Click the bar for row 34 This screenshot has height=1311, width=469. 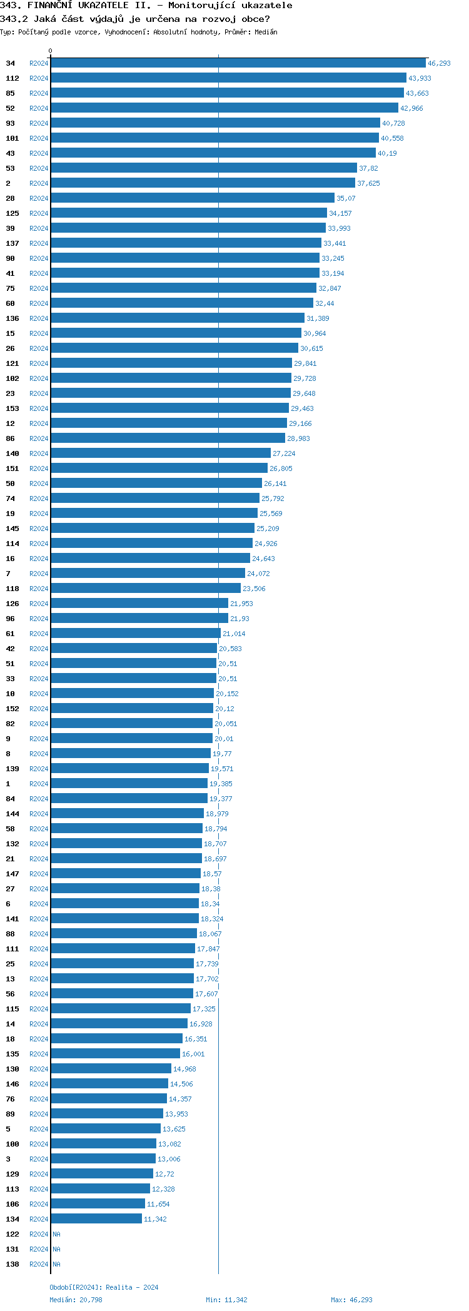pos(238,63)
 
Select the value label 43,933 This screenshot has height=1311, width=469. pos(420,78)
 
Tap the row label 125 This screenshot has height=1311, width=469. pos(13,213)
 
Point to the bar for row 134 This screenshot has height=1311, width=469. pos(96,1219)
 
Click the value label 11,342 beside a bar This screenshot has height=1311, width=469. pos(155,1219)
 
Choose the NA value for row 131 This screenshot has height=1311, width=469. pos(56,1249)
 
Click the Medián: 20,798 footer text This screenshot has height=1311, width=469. pos(76,1300)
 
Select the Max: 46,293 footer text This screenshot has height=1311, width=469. pos(351,1300)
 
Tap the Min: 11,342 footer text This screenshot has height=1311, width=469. pos(226,1300)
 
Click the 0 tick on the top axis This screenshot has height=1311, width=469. pos(51,51)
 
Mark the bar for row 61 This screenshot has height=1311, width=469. pos(135,634)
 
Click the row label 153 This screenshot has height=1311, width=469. pos(13,408)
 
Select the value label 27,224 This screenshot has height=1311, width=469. pos(284,453)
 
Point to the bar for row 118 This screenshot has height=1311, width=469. pos(145,589)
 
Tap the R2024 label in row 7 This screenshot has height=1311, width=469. pos(39,574)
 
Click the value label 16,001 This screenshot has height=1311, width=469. pos(193,1054)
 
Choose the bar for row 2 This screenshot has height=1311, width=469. pos(203,183)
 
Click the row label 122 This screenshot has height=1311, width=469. pos(13,1234)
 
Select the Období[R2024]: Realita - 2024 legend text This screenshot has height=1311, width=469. pos(104,1287)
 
